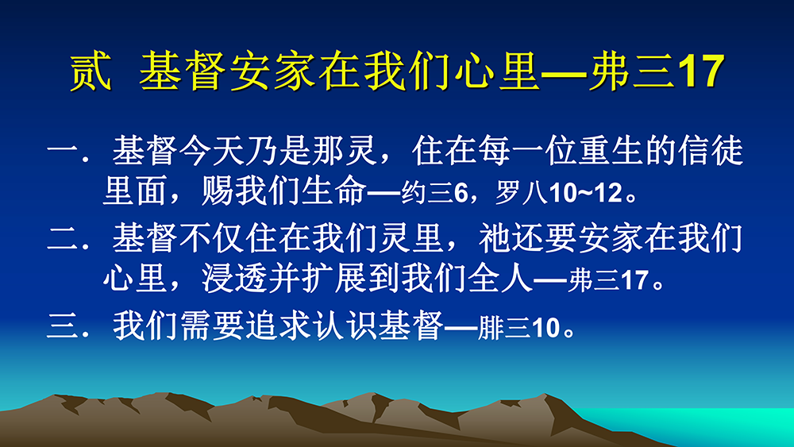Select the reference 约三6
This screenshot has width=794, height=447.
(434, 193)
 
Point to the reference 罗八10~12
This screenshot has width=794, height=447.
(558, 193)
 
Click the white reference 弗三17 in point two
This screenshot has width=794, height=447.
(609, 280)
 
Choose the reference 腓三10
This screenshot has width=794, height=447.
(519, 329)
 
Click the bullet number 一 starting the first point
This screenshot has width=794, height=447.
(63, 150)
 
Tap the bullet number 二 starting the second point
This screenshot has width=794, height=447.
(63, 238)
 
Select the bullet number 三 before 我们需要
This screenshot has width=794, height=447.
(63, 326)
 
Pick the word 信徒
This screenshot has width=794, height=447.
(711, 150)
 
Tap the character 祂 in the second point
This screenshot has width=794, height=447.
(495, 238)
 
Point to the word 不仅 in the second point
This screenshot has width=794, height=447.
(212, 238)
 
